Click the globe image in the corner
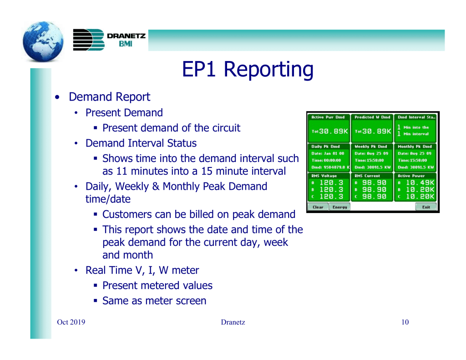(x=43, y=41)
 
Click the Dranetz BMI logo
(x=109, y=40)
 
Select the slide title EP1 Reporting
(x=248, y=69)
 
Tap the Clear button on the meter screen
(x=318, y=207)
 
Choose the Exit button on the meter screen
(x=426, y=207)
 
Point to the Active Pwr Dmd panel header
(x=328, y=117)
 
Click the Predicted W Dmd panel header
(x=372, y=117)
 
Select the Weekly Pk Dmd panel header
(x=371, y=147)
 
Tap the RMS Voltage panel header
(x=324, y=176)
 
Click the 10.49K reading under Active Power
(x=420, y=183)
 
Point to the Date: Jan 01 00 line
(x=328, y=153)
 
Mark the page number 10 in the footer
(x=405, y=322)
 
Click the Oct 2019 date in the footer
(x=71, y=322)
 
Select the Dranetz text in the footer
(x=233, y=322)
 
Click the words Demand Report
(x=109, y=97)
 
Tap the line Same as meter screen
(x=154, y=301)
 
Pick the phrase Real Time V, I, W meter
(x=142, y=270)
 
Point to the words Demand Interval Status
(x=141, y=143)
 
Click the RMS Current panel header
(x=367, y=176)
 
